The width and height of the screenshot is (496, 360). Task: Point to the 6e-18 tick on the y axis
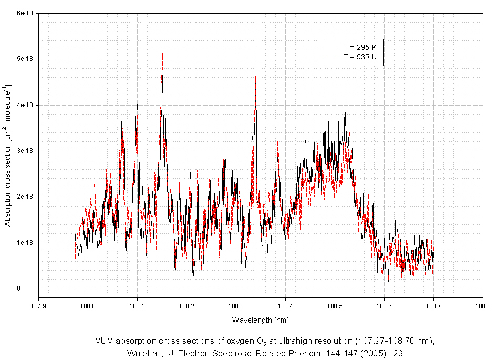tap(26, 13)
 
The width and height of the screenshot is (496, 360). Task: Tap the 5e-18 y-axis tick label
tap(26, 59)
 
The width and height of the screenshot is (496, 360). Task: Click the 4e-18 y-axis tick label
tap(26, 105)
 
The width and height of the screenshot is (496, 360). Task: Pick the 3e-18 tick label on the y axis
tap(26, 151)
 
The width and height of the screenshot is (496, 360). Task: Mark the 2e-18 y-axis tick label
tap(26, 197)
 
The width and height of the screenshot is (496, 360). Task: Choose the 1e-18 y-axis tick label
tap(26, 243)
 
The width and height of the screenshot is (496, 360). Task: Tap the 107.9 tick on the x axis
tap(38, 304)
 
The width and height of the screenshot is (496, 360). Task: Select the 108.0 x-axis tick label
tap(88, 304)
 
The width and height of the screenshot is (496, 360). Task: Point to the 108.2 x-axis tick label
tap(187, 304)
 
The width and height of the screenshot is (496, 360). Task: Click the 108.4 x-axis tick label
tap(285, 304)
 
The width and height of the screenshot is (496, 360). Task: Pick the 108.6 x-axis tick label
tap(384, 304)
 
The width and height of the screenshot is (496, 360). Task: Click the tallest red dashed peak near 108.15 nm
tap(162, 54)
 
